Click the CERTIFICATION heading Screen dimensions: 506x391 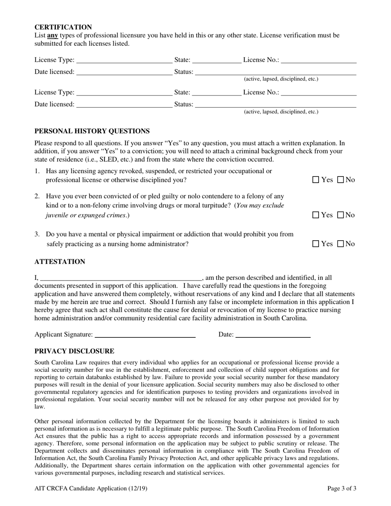point(63,27)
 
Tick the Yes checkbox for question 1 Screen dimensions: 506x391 point(316,180)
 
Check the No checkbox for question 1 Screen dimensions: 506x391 point(340,180)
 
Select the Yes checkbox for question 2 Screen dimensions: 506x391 point(316,215)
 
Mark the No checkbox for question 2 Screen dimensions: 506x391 point(340,215)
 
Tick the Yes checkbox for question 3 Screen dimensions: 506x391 point(316,244)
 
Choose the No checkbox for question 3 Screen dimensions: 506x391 point(340,244)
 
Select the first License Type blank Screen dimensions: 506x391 point(124,60)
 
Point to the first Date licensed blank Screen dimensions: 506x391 point(124,72)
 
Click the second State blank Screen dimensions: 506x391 point(216,92)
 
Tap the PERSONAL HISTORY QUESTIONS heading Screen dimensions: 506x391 point(92,131)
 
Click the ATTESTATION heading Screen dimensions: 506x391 point(60,262)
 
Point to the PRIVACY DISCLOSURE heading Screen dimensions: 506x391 point(74,351)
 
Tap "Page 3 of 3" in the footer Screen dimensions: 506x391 point(342,489)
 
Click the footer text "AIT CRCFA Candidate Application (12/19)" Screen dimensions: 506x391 point(91,489)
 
